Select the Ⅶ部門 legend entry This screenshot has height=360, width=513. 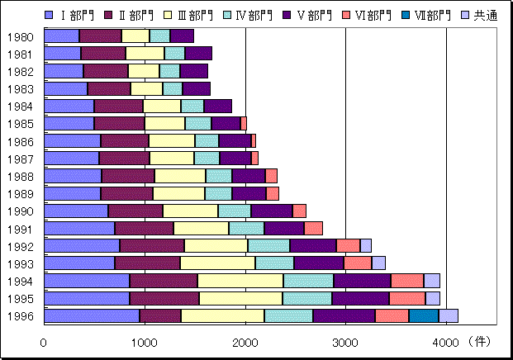[427, 15]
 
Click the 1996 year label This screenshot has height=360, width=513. [20, 315]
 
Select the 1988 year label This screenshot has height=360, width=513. [20, 176]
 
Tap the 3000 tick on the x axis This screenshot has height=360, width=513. [345, 341]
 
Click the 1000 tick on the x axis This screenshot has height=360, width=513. [145, 341]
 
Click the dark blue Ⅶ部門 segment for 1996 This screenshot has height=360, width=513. [423, 315]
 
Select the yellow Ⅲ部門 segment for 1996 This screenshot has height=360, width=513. [222, 315]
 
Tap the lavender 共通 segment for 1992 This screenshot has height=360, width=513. [365, 245]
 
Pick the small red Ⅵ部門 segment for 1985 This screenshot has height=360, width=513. [244, 123]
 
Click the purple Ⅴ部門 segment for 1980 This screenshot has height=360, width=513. [182, 36]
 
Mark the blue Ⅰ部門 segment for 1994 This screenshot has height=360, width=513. [86, 281]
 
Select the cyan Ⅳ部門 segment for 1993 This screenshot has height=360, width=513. [274, 263]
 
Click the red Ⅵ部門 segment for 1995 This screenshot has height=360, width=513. [406, 298]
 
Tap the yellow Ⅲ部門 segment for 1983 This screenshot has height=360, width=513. [146, 88]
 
